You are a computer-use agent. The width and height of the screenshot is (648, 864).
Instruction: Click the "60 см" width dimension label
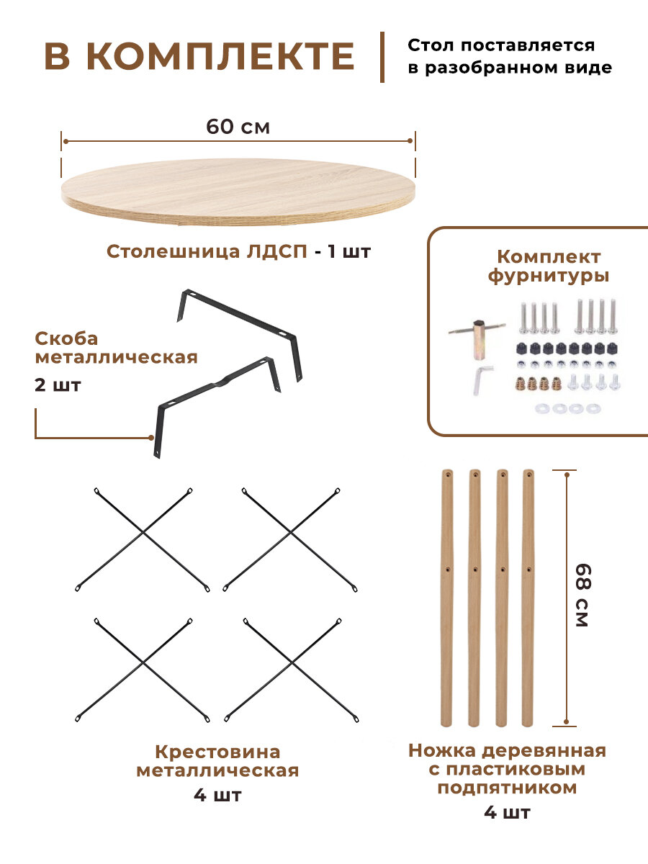point(238,127)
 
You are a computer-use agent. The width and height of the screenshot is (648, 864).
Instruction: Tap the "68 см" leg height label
point(582,595)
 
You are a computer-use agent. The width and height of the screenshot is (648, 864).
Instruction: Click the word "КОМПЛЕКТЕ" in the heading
point(221,57)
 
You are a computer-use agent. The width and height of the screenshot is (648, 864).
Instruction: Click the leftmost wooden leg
point(446,598)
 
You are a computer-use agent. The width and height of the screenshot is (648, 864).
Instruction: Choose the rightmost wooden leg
point(528,598)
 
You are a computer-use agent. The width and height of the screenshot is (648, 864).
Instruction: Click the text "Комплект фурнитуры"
point(549,266)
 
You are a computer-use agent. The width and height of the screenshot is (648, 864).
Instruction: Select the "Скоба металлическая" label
point(115,348)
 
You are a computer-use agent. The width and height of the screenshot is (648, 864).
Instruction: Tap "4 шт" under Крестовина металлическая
point(217,796)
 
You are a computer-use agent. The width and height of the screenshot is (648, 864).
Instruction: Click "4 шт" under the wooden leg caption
point(507,813)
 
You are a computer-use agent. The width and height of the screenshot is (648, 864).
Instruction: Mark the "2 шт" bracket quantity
point(58,384)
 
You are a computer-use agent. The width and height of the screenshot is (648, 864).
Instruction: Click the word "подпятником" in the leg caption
point(507,788)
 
